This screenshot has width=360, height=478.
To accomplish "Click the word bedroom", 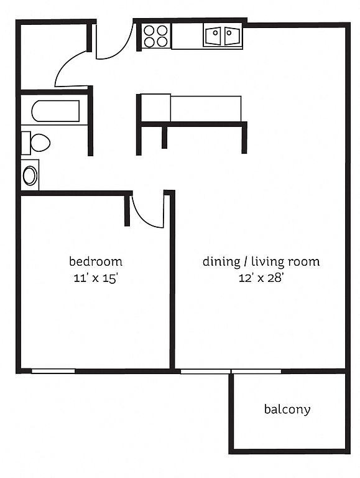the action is coord(96,261).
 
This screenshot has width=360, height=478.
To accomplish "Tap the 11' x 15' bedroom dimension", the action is coord(96,278).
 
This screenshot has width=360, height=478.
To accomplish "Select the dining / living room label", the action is coord(261,262).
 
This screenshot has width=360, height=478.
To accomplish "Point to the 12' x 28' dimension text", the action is coord(261,278).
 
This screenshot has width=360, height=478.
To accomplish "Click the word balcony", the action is coord(287,410).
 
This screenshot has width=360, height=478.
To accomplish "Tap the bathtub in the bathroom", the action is coord(55,111).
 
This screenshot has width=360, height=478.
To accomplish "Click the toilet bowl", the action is coord(40,143).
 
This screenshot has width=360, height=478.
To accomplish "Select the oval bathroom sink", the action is coord(30,176).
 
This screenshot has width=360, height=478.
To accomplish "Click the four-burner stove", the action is coord(155,36).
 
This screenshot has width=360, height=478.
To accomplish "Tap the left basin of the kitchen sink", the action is coord(213,36).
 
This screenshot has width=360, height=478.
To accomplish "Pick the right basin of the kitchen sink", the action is coord(233,36).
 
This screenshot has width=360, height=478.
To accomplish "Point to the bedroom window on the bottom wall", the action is coord(53,371).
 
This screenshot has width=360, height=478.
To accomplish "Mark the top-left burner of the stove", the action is coord(149,30).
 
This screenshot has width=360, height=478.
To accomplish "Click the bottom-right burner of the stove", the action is coord(162,42).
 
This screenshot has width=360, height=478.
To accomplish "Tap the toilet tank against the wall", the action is coord(26,143).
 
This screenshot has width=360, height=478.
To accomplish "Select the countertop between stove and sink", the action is coord(187,36).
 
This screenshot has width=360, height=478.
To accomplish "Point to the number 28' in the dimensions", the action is coord(275,278).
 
